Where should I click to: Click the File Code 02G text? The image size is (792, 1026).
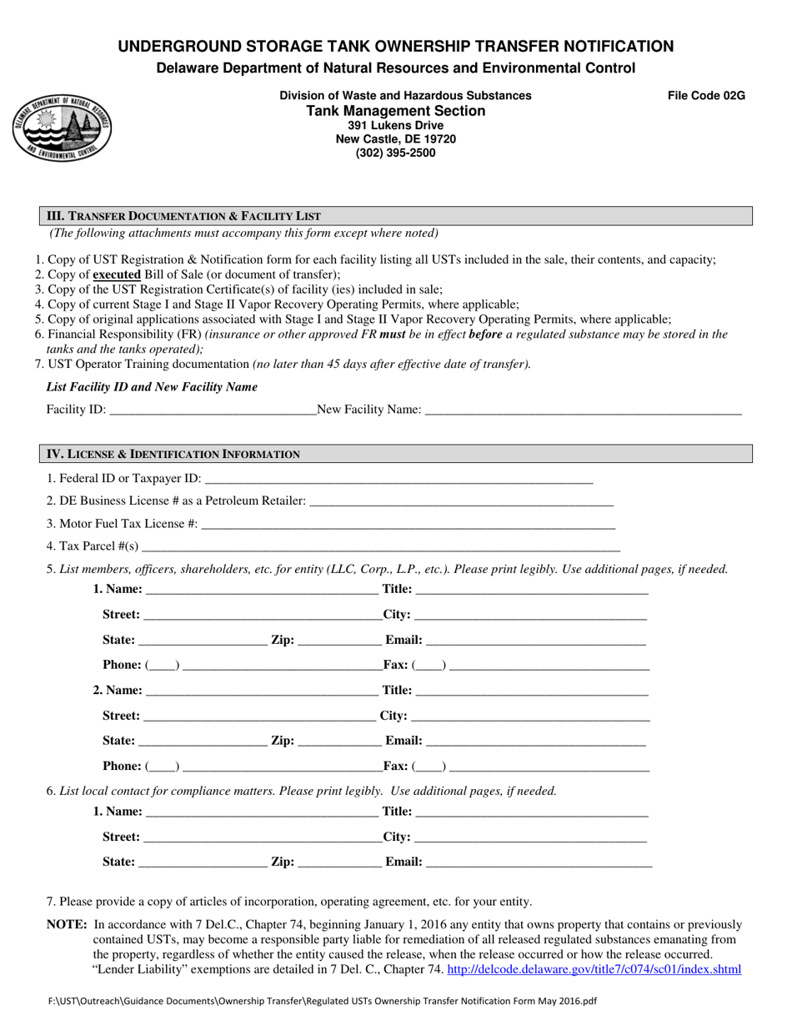pyautogui.click(x=706, y=96)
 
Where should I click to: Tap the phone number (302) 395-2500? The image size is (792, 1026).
pyautogui.click(x=395, y=153)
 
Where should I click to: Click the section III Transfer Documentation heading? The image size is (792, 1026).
pyautogui.click(x=182, y=216)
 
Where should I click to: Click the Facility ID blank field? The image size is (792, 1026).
pyautogui.click(x=212, y=410)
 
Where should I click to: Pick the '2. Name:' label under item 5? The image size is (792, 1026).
pyautogui.click(x=118, y=691)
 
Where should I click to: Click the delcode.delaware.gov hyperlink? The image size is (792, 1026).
pyautogui.click(x=594, y=969)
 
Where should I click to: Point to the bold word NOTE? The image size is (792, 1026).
pyautogui.click(x=66, y=924)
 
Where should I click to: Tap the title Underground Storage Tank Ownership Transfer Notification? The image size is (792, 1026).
pyautogui.click(x=395, y=46)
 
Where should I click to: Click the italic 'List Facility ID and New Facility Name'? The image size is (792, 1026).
pyautogui.click(x=152, y=387)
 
